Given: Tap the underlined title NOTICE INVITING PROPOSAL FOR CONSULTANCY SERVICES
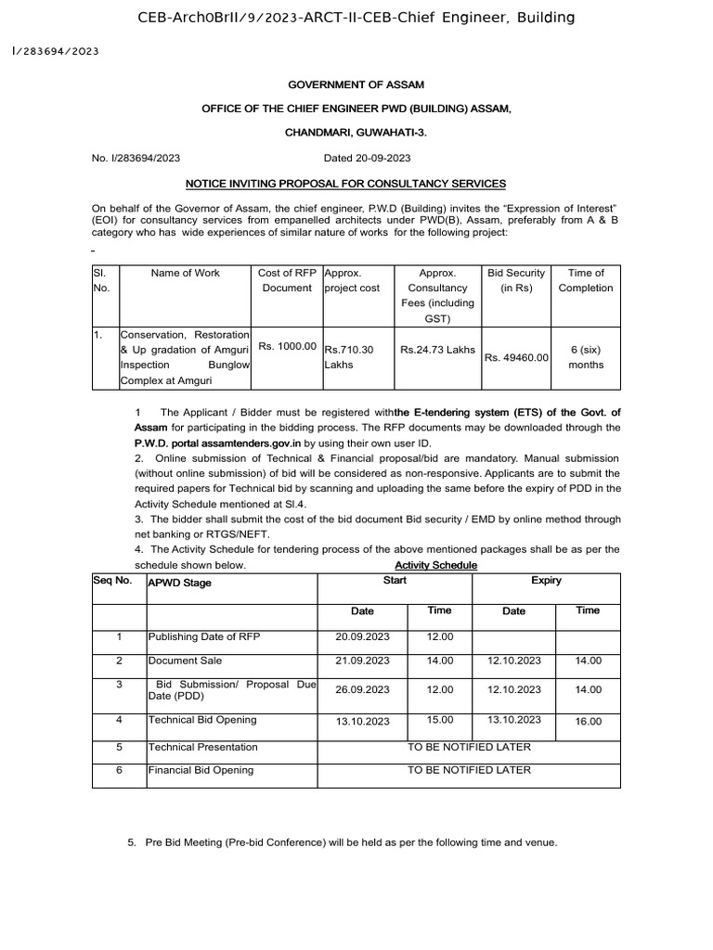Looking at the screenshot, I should [x=356, y=184].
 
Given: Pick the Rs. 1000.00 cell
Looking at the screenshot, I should [x=288, y=346].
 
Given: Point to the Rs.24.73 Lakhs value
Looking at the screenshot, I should [x=437, y=350].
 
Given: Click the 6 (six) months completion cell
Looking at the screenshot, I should [x=587, y=357].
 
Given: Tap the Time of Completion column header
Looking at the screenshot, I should [x=586, y=280].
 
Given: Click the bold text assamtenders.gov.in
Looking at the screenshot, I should [x=248, y=444].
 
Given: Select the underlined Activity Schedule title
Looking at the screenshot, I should [x=436, y=565].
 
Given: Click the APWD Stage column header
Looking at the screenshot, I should [x=180, y=583].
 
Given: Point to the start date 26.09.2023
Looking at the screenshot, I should [x=361, y=689].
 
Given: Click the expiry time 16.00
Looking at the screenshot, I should [x=588, y=721].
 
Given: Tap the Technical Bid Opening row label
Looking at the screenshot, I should [x=202, y=719].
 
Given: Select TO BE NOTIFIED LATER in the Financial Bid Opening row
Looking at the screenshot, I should [x=470, y=769].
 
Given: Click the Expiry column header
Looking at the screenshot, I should [x=546, y=581].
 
